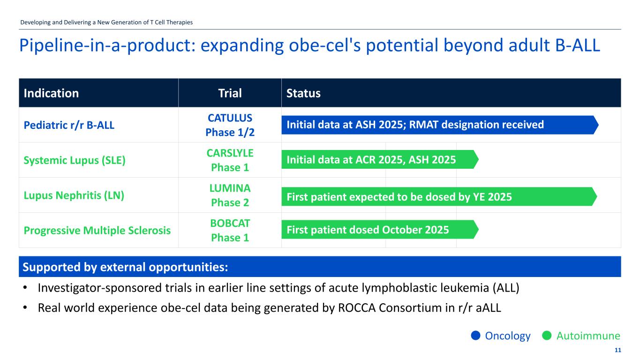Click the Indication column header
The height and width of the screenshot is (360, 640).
[x=51, y=93]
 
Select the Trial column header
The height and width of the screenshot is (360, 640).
[x=230, y=93]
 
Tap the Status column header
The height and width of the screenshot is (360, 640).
[x=303, y=93]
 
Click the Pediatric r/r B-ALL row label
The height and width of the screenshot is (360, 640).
[x=69, y=125]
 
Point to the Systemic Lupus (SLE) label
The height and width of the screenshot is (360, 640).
[x=75, y=160]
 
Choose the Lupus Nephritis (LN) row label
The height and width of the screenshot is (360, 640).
[x=74, y=195]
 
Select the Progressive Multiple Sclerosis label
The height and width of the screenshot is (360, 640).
[x=97, y=231]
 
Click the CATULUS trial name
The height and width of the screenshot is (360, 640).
[x=230, y=117]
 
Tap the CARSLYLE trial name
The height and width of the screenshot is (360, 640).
[x=230, y=153]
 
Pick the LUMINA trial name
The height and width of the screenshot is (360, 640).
[x=230, y=188]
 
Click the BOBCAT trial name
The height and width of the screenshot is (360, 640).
[x=230, y=223]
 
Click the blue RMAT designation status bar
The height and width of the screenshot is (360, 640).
[x=439, y=125]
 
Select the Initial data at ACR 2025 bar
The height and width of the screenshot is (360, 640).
[x=379, y=160]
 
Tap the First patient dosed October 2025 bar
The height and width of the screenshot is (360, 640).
[x=379, y=230]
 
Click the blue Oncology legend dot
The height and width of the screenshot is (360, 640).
[x=475, y=336]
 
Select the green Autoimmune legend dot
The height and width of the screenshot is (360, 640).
[x=546, y=336]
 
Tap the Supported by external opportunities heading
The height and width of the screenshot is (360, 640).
[x=126, y=267]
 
